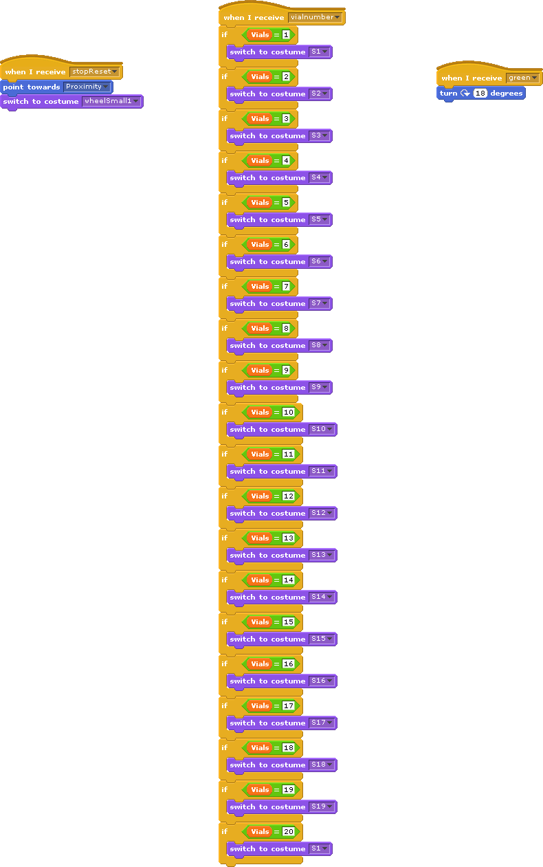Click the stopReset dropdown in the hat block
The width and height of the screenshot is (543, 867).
pos(95,72)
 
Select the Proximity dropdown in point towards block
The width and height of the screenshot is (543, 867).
pos(87,87)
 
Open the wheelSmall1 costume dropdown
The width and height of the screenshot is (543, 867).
pos(111,102)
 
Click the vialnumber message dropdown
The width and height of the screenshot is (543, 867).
pos(315,17)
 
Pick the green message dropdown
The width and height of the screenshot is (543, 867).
pos(522,78)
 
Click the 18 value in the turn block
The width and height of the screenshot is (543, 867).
pos(480,94)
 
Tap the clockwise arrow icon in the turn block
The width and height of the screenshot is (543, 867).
pos(465,94)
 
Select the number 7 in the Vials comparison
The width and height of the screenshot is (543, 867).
pos(286,286)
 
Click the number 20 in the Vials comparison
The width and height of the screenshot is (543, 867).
pos(289,831)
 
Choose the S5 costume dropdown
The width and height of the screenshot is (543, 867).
pos(320,220)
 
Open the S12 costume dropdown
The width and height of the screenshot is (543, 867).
pos(322,514)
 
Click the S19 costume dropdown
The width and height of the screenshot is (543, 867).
pos(322,807)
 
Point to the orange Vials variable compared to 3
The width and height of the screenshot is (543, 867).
pos(260,118)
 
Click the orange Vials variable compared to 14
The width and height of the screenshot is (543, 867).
pos(260,580)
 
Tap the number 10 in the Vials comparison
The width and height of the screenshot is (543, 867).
pos(289,412)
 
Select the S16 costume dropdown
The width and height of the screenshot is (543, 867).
pos(322,681)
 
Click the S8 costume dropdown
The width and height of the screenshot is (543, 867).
pos(320,346)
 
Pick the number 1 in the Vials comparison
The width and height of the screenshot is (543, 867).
pos(286,34)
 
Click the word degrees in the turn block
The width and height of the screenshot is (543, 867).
pos(507,94)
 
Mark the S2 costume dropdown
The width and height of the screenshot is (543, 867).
pos(320,94)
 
